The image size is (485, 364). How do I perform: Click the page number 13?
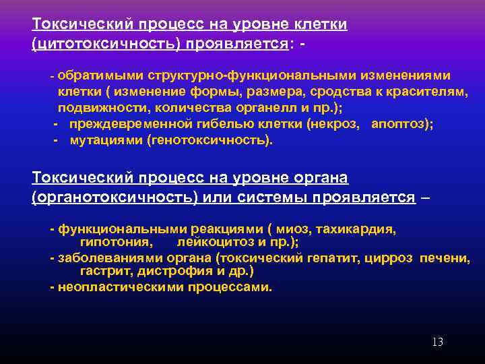437,342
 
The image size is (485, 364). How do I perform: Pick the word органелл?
259,108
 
